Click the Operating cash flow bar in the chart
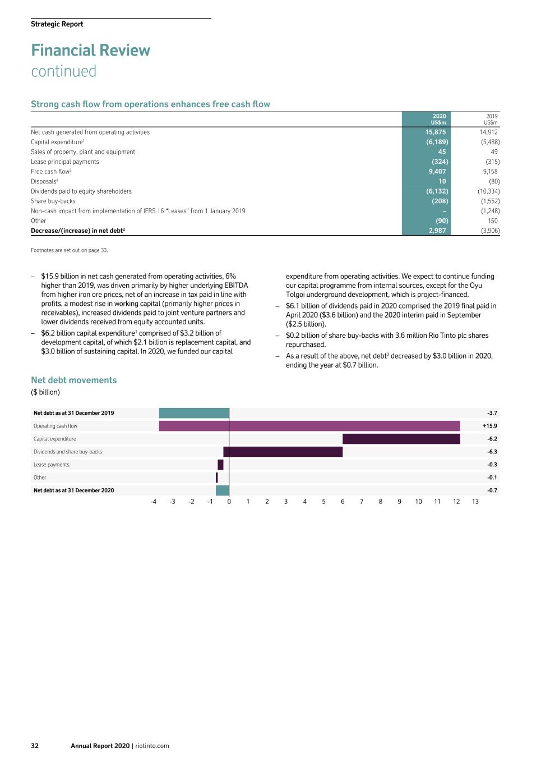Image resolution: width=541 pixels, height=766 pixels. click(309, 426)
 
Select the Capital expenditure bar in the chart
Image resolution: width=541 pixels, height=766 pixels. click(401, 439)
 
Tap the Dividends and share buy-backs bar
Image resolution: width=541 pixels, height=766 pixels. click(283, 452)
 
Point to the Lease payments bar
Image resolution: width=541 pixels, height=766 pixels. click(220, 465)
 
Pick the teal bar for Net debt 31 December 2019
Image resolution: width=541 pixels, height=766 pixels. click(194, 413)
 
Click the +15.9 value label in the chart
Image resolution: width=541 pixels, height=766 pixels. click(489, 426)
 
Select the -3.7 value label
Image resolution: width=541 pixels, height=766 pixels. click(492, 413)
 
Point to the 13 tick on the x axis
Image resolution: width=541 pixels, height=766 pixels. click(475, 502)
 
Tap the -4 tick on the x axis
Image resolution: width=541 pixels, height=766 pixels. click(153, 502)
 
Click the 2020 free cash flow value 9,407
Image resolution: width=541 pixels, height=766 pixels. click(437, 172)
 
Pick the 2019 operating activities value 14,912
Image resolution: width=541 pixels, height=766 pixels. click(488, 132)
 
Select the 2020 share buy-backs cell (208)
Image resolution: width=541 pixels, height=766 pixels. click(440, 201)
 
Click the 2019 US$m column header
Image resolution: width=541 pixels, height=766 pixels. click(491, 120)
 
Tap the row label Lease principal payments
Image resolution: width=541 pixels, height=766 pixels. click(65, 162)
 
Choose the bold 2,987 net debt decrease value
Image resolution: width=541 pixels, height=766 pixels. click(437, 231)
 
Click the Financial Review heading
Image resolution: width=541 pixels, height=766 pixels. click(91, 51)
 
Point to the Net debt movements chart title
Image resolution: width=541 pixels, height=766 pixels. click(74, 380)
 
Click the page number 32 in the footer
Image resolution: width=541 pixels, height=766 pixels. click(35, 746)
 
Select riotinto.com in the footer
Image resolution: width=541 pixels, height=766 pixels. click(152, 746)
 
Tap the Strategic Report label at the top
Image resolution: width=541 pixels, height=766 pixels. click(57, 24)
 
